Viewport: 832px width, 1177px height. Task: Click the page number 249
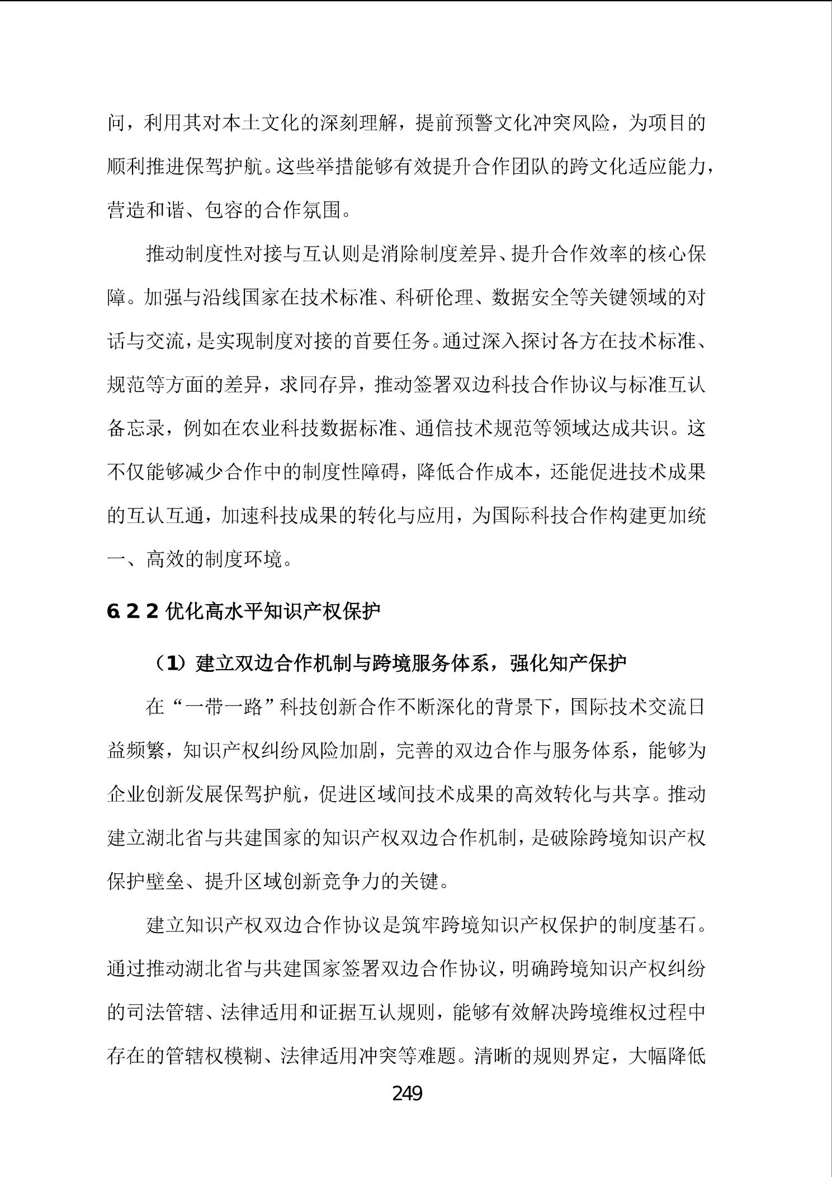click(x=407, y=1093)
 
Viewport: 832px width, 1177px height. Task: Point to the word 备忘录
click(x=136, y=429)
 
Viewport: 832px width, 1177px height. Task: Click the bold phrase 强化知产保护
click(x=568, y=663)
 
